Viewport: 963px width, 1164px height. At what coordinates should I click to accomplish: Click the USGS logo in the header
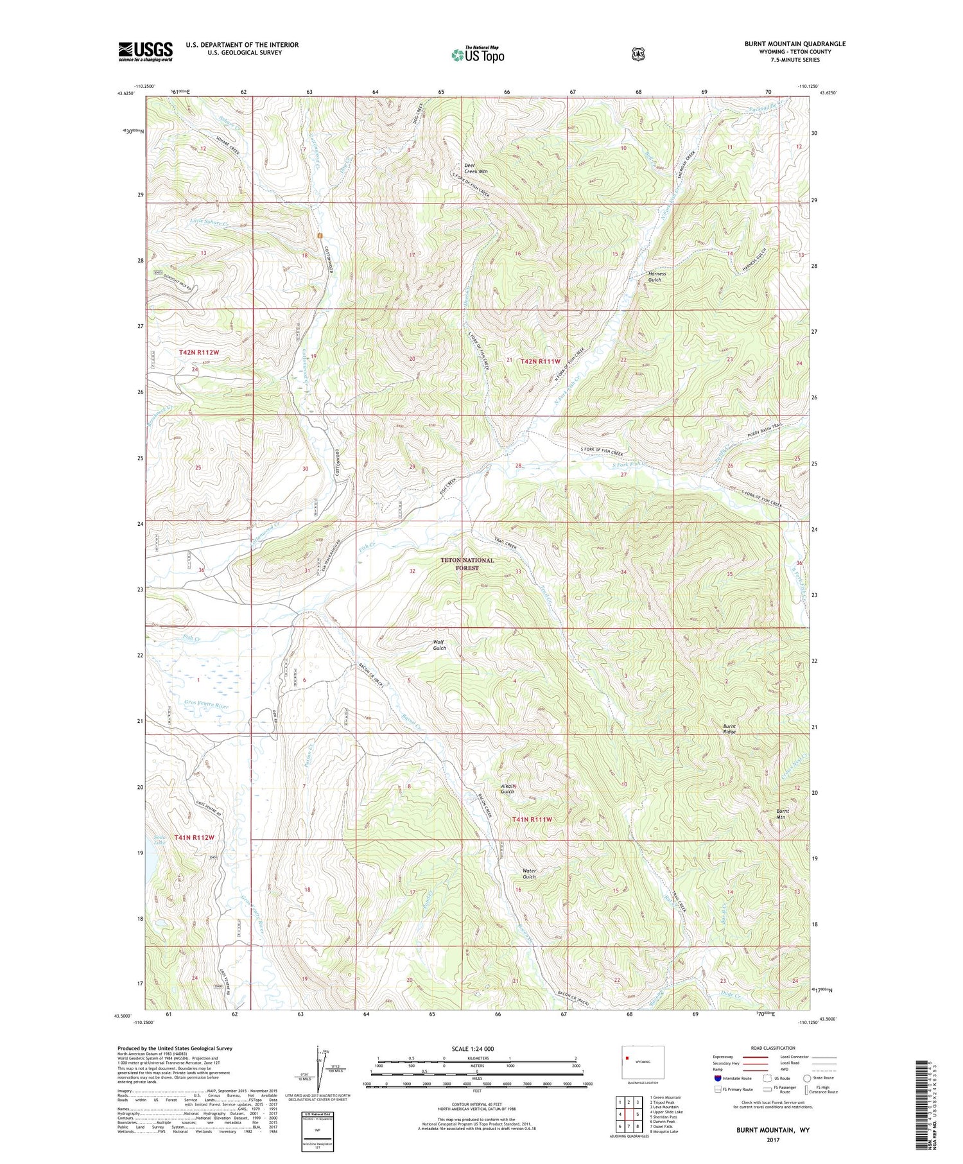(x=145, y=51)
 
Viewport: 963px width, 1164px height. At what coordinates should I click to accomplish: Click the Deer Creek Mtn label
(x=476, y=168)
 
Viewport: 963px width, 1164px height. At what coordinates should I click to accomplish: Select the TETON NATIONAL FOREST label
(x=467, y=564)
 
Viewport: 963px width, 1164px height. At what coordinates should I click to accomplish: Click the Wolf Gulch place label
(x=439, y=645)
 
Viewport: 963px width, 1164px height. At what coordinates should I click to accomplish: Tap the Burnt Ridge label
(x=729, y=729)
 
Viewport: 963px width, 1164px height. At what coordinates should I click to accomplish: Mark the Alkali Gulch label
(x=507, y=788)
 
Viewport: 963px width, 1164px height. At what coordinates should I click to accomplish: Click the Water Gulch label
(x=529, y=874)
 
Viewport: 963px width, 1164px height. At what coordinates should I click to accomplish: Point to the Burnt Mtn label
(x=783, y=813)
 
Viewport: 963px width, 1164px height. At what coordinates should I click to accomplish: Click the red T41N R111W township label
(x=532, y=819)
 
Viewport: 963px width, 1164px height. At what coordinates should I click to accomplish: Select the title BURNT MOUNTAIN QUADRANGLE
(x=795, y=44)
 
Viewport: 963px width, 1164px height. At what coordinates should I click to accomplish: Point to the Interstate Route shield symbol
(x=717, y=1078)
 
